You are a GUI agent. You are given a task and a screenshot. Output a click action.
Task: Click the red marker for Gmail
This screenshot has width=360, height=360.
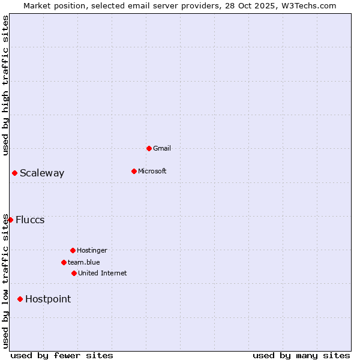[x=149, y=148]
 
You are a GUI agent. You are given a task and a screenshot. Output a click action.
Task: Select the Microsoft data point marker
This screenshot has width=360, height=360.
[x=134, y=171]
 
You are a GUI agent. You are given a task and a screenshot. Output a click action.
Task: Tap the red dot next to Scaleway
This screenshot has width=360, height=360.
[x=14, y=173]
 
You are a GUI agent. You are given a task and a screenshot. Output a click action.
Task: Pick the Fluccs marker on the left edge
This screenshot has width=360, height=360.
[x=10, y=220]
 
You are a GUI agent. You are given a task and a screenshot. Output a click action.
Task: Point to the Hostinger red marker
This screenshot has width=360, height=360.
[x=73, y=250]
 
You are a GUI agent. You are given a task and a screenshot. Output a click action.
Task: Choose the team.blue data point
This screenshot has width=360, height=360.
[x=64, y=262]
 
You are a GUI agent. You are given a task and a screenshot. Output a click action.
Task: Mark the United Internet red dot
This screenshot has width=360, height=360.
[x=74, y=273]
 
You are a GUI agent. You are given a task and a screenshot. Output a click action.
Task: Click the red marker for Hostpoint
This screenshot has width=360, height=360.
[x=20, y=299]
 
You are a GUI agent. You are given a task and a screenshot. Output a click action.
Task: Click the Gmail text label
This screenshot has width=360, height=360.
[x=162, y=148]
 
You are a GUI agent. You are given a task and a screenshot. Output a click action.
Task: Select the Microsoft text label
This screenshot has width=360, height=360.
[x=152, y=171]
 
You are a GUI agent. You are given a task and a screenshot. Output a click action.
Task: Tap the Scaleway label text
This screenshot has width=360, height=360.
[x=42, y=173]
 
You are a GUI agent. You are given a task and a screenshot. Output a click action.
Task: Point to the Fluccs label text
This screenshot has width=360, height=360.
[x=30, y=220]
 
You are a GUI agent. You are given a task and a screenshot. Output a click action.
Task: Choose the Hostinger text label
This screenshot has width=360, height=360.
[x=92, y=250]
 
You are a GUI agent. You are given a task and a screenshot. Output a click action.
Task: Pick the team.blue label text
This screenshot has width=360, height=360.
[x=84, y=262]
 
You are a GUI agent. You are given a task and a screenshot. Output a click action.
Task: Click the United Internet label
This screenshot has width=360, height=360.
[x=103, y=273]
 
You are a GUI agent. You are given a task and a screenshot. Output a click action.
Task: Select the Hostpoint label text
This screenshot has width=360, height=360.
[x=48, y=299]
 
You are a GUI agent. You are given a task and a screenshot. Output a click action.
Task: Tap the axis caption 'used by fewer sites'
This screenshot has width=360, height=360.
[x=62, y=355]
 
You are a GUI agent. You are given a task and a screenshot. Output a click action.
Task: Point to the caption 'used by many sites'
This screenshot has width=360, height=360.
[x=301, y=355]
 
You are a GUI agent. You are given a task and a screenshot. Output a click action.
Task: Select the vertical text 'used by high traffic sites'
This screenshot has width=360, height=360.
[x=5, y=85]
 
